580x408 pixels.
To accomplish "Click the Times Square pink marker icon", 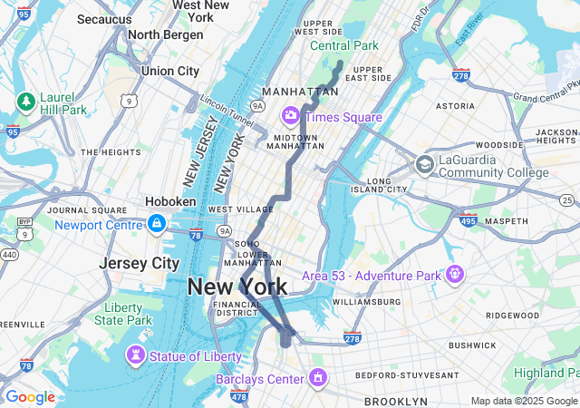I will click(291, 116).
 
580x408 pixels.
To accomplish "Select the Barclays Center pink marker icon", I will click(318, 377).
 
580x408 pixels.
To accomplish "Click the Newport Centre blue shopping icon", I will click(157, 223).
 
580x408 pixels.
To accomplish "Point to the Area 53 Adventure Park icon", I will click(454, 274).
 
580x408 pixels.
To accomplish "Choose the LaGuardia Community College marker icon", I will click(424, 165).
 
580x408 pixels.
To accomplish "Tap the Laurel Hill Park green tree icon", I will click(26, 101).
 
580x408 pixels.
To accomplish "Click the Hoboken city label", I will click(170, 201).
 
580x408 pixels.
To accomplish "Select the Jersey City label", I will click(140, 263).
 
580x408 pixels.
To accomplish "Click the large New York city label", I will click(237, 287).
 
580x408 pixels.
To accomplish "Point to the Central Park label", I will click(343, 45).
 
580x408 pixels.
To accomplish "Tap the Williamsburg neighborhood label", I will click(366, 301).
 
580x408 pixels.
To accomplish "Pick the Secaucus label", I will click(103, 18).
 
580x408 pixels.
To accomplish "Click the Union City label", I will click(169, 71).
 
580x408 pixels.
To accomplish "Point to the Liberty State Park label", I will click(123, 314).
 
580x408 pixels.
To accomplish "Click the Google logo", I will click(30, 397).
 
